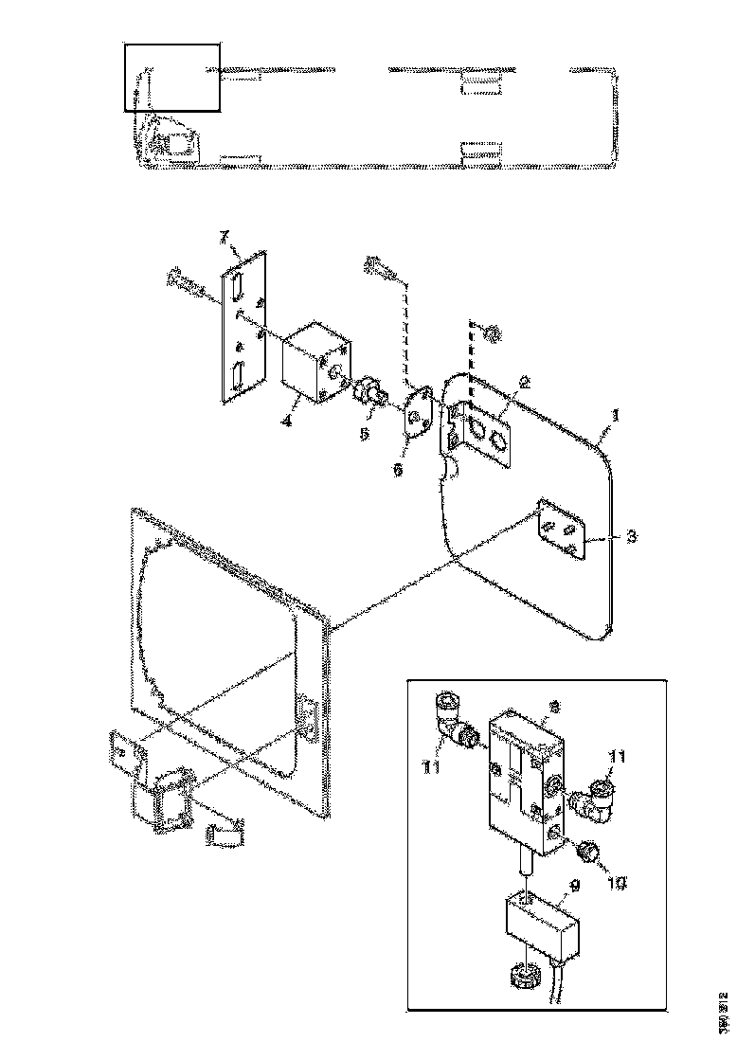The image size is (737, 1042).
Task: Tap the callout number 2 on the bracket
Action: [524, 384]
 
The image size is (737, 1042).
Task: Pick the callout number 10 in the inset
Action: [616, 883]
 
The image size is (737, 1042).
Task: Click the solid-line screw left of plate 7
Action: [186, 281]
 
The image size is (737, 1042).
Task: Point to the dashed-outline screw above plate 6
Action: [381, 269]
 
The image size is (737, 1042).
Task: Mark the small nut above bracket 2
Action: [492, 333]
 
